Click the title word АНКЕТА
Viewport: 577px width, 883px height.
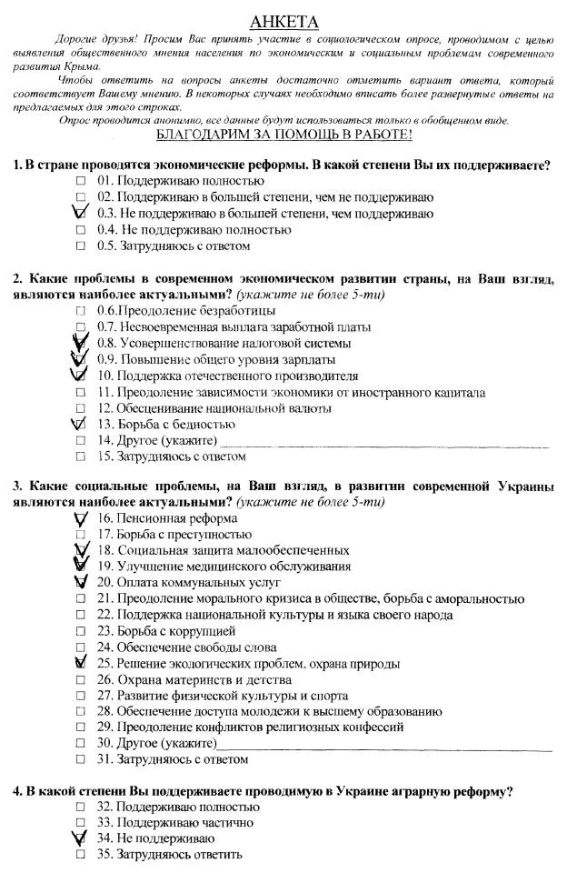(x=287, y=22)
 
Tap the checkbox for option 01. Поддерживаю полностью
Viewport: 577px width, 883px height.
(x=81, y=181)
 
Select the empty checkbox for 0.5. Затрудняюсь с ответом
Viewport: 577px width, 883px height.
(x=81, y=246)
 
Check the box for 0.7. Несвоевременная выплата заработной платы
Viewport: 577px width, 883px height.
(x=81, y=326)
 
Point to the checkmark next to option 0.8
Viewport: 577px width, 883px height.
(x=79, y=342)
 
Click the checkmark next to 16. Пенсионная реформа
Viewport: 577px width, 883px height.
(x=80, y=517)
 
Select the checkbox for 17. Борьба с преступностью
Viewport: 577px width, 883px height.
(x=81, y=535)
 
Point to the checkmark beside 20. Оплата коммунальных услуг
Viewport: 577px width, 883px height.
(x=79, y=582)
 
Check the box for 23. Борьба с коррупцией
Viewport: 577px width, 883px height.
(x=81, y=630)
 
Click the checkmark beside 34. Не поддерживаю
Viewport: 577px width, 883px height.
(x=79, y=838)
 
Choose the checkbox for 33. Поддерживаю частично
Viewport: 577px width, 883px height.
(x=81, y=822)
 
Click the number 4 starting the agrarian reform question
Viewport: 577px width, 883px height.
(x=17, y=791)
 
